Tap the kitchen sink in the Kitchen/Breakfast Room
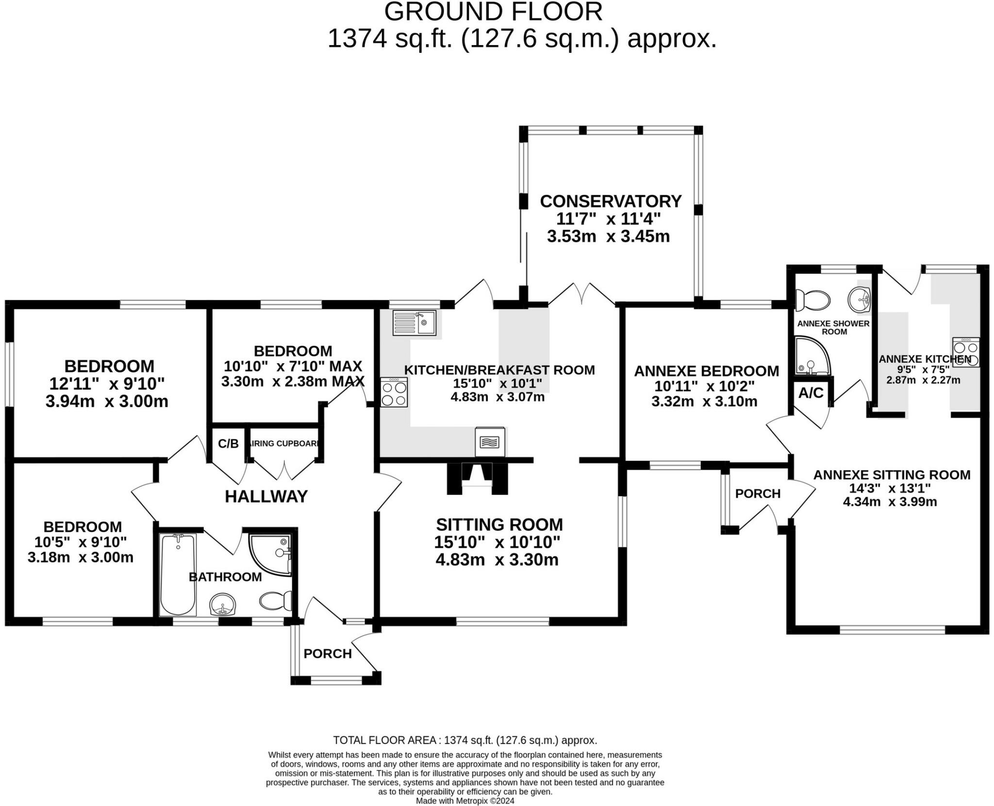(415, 323)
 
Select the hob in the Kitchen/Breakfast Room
(394, 392)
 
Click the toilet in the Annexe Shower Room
(812, 300)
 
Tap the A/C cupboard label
(811, 393)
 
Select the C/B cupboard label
(228, 444)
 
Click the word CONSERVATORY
(611, 201)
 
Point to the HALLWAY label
(266, 496)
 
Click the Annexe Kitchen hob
(965, 353)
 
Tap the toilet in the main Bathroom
(275, 601)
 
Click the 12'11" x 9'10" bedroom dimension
(107, 384)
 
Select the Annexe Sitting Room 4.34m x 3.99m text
(890, 502)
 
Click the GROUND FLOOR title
(493, 12)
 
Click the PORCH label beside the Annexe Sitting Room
(757, 494)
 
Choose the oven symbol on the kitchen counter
(490, 442)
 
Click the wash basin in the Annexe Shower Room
(859, 300)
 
